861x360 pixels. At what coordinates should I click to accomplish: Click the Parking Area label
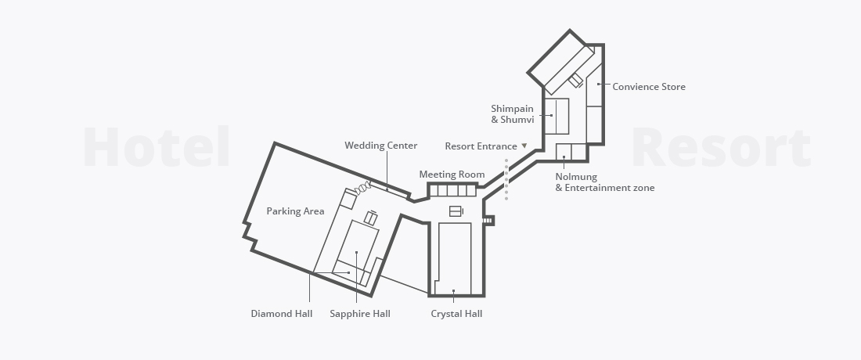pos(295,211)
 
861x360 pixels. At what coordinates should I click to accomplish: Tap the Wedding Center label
pos(381,146)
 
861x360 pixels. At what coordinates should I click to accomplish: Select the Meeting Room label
pos(452,175)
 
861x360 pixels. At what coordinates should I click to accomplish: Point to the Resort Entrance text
pos(481,146)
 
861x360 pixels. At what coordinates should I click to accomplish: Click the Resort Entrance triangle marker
pos(524,146)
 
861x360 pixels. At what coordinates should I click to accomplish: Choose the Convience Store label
pos(649,87)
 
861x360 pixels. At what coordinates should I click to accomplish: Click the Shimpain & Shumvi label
pos(513,114)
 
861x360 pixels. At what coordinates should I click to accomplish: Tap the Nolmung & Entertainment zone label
pos(604,182)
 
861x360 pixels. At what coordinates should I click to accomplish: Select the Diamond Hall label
pos(282,314)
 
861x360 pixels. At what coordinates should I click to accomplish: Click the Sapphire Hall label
pos(360,314)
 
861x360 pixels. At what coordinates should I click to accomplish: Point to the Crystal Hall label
pos(456,314)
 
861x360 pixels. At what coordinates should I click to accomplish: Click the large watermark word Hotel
pos(157,147)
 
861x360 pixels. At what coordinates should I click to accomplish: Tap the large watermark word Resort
pos(721,147)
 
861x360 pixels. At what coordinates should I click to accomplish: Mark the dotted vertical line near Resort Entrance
pos(506,179)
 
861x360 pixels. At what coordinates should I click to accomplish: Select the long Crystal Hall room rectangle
pos(455,258)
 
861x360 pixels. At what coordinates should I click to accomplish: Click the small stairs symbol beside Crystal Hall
pos(487,221)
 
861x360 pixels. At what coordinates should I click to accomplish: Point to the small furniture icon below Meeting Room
pos(456,211)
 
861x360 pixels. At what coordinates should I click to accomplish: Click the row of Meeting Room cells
pos(452,190)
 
